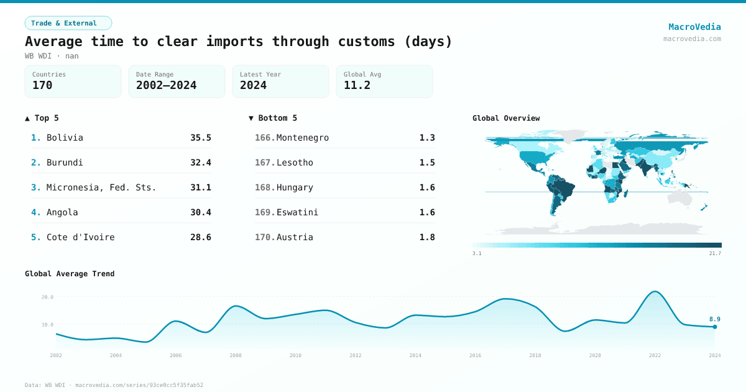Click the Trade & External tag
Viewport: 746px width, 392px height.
coord(68,23)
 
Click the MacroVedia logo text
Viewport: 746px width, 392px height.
coord(694,27)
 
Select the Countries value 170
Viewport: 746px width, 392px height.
coord(42,85)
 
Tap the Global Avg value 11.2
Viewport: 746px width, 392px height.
coord(357,85)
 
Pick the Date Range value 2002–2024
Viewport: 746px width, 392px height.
coord(166,85)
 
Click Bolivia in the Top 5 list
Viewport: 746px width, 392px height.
coord(65,138)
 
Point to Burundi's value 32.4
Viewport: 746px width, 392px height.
coord(200,162)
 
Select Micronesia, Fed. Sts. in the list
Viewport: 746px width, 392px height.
coord(101,187)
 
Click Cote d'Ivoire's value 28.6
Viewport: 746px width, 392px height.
coord(200,237)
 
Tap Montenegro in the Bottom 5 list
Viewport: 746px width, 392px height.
coord(302,138)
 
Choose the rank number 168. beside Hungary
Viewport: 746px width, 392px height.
coord(265,187)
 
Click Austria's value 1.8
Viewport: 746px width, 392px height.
coord(426,237)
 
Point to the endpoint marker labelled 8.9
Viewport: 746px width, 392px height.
coord(715,327)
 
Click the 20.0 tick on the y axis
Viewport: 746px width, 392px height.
coord(47,297)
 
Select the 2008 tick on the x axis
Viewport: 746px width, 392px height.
coord(236,355)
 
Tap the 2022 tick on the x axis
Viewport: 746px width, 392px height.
coord(655,355)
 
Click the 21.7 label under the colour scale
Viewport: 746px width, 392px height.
coord(715,253)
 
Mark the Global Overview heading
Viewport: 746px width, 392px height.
coord(505,118)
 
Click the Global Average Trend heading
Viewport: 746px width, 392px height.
coord(70,274)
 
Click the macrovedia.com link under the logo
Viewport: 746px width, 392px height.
coord(692,39)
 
